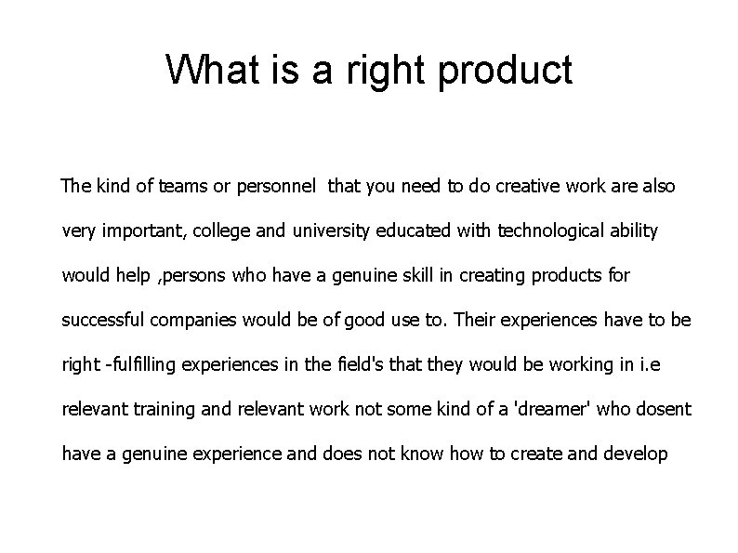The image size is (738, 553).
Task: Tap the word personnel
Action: (277, 187)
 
